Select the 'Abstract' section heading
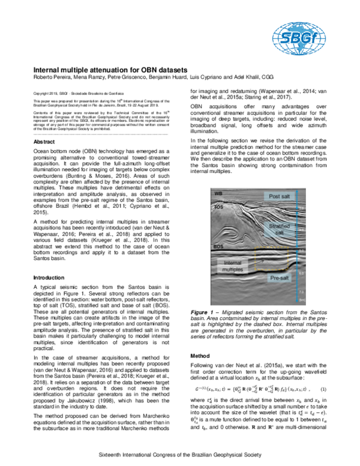point(45,141)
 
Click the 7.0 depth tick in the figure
point(302,289)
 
